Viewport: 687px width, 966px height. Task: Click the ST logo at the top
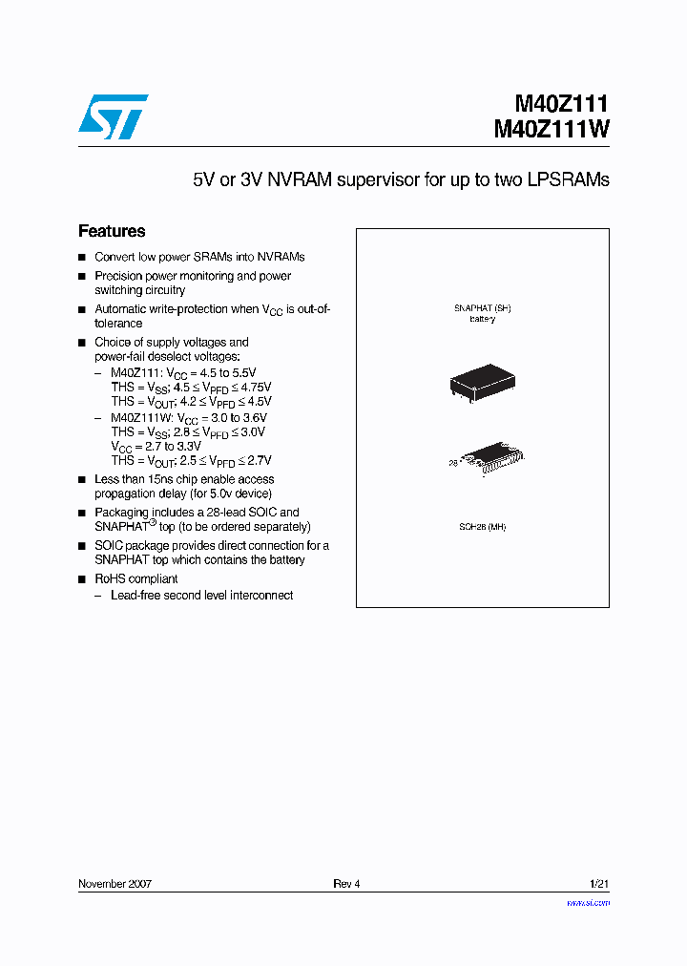point(113,116)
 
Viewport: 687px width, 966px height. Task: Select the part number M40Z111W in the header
point(552,130)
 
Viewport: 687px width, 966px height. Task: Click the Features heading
point(112,231)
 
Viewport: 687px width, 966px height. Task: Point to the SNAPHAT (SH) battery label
point(482,313)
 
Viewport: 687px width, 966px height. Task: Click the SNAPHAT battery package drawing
point(482,383)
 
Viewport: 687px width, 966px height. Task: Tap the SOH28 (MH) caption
point(483,528)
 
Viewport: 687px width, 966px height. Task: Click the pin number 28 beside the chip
point(454,463)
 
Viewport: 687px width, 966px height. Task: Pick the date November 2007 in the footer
point(114,884)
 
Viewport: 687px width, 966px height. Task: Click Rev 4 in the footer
point(346,884)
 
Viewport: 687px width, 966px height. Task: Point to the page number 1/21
point(599,884)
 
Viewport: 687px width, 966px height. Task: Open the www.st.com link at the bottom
point(588,902)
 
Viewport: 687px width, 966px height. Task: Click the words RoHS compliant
point(136,578)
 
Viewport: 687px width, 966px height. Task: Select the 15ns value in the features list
point(162,479)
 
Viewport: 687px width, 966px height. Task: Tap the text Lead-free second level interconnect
point(201,595)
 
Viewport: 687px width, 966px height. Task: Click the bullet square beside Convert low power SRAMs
point(82,258)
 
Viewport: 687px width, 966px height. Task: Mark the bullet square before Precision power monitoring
point(82,276)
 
